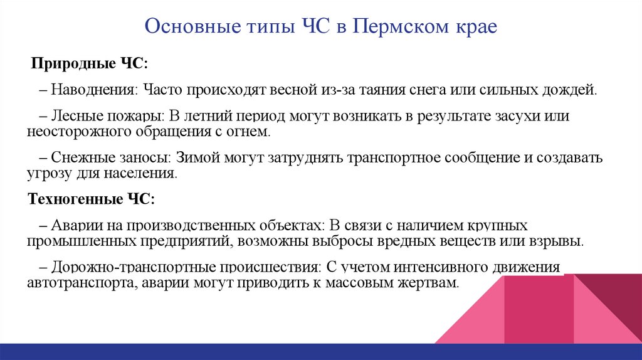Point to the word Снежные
click(78, 158)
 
